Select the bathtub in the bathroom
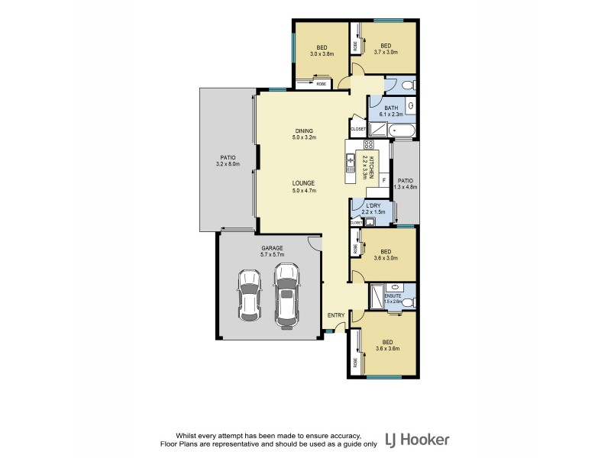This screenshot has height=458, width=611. click(x=402, y=132)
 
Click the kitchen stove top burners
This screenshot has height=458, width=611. click(x=368, y=144)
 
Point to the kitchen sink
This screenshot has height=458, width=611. click(x=352, y=161)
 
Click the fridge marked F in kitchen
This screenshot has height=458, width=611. click(x=383, y=179)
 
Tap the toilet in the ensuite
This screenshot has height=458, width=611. click(x=409, y=303)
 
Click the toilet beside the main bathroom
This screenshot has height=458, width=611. click(x=408, y=84)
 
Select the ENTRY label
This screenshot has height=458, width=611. click(x=335, y=315)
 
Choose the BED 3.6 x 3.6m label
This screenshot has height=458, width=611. click(x=389, y=344)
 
